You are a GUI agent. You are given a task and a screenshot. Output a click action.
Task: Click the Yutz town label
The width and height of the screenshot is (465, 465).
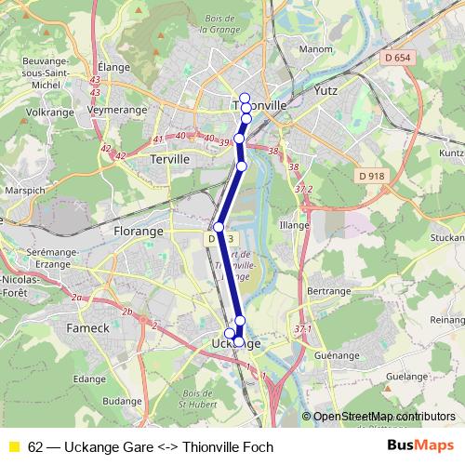325,90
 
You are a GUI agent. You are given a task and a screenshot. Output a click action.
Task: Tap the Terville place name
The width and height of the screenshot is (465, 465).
168,159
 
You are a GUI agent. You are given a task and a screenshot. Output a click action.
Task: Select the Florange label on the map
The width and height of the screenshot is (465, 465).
138,230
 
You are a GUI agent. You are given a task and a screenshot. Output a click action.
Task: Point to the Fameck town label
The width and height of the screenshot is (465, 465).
88,328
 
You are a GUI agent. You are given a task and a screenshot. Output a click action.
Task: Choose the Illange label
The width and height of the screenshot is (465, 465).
294,224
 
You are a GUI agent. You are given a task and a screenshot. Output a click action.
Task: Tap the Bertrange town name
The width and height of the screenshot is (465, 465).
327,291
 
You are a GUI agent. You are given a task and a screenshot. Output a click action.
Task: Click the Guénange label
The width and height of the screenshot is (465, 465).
337,354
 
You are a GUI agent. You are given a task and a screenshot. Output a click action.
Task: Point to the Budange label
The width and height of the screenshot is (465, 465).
122,401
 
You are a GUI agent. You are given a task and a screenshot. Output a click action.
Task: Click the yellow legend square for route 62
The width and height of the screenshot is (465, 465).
13,447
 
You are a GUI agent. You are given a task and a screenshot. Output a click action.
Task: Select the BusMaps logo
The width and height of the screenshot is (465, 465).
420,446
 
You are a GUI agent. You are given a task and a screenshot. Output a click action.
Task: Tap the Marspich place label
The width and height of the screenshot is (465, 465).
22,190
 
